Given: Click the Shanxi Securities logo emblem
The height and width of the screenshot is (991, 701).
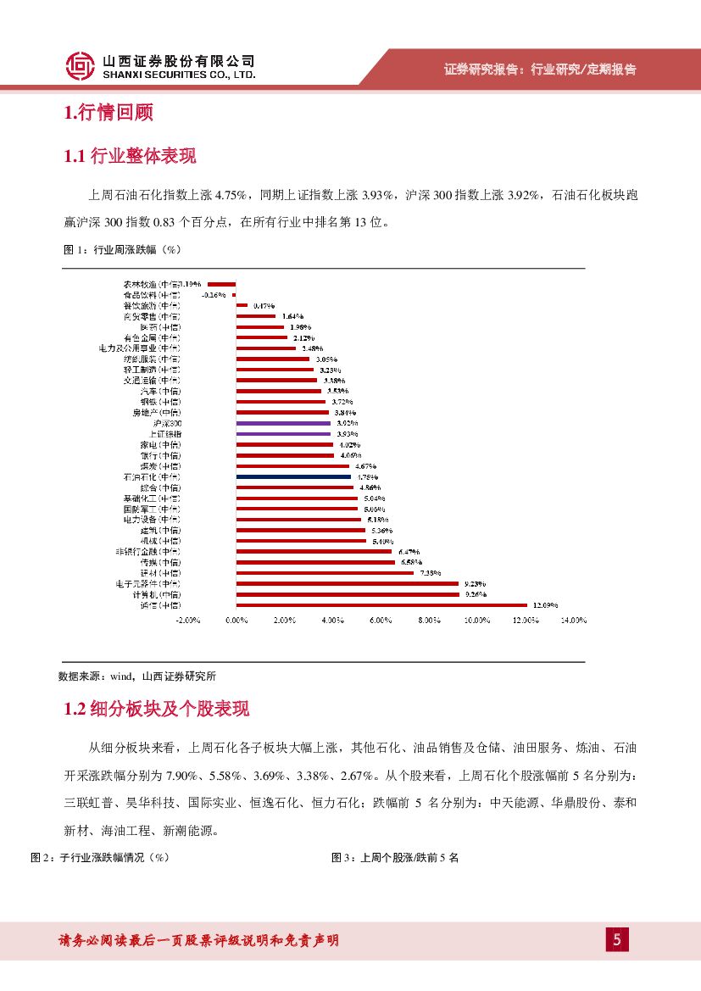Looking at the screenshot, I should point(81,65).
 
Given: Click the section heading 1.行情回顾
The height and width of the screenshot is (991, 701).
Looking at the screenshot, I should point(108,113).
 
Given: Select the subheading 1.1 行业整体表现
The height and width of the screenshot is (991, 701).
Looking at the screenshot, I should point(130,156).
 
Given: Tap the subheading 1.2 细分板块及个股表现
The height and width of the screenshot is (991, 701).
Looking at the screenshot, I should point(157,709).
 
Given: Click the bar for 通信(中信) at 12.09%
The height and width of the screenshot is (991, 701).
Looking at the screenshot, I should point(381,605).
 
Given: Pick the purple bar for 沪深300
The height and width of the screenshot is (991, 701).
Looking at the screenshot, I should point(283,423).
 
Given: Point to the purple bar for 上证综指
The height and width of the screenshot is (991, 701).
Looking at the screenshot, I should point(283,433).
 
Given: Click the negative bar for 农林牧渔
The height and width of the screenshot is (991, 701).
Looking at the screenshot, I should point(222,284).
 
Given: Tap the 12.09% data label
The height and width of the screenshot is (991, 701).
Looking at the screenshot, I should point(545,605).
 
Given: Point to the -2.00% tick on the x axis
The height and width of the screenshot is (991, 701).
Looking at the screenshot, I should point(187,621).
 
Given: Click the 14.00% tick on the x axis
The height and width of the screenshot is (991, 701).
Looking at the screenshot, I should point(574,621).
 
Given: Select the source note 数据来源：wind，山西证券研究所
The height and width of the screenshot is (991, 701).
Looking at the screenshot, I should point(137,676).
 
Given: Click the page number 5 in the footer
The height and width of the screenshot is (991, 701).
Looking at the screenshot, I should point(616,940).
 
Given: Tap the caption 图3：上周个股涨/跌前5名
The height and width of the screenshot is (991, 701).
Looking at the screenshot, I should point(394,858).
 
